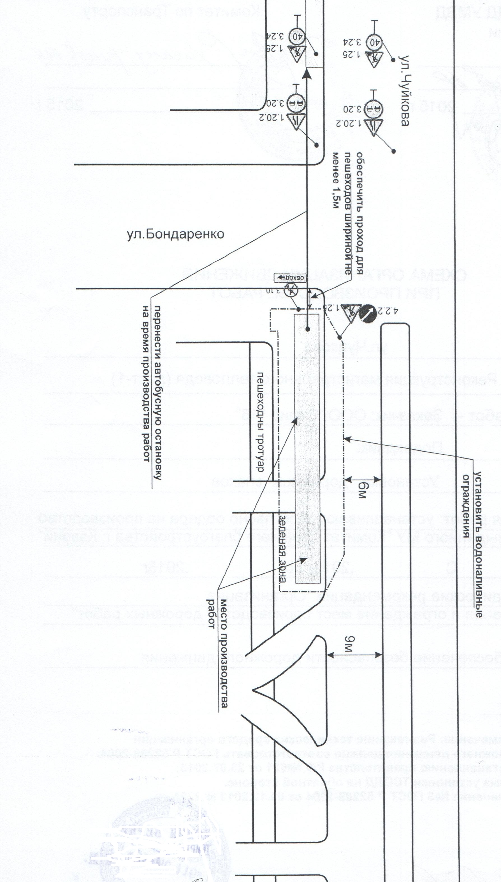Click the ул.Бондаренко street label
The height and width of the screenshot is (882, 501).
click(x=175, y=234)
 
